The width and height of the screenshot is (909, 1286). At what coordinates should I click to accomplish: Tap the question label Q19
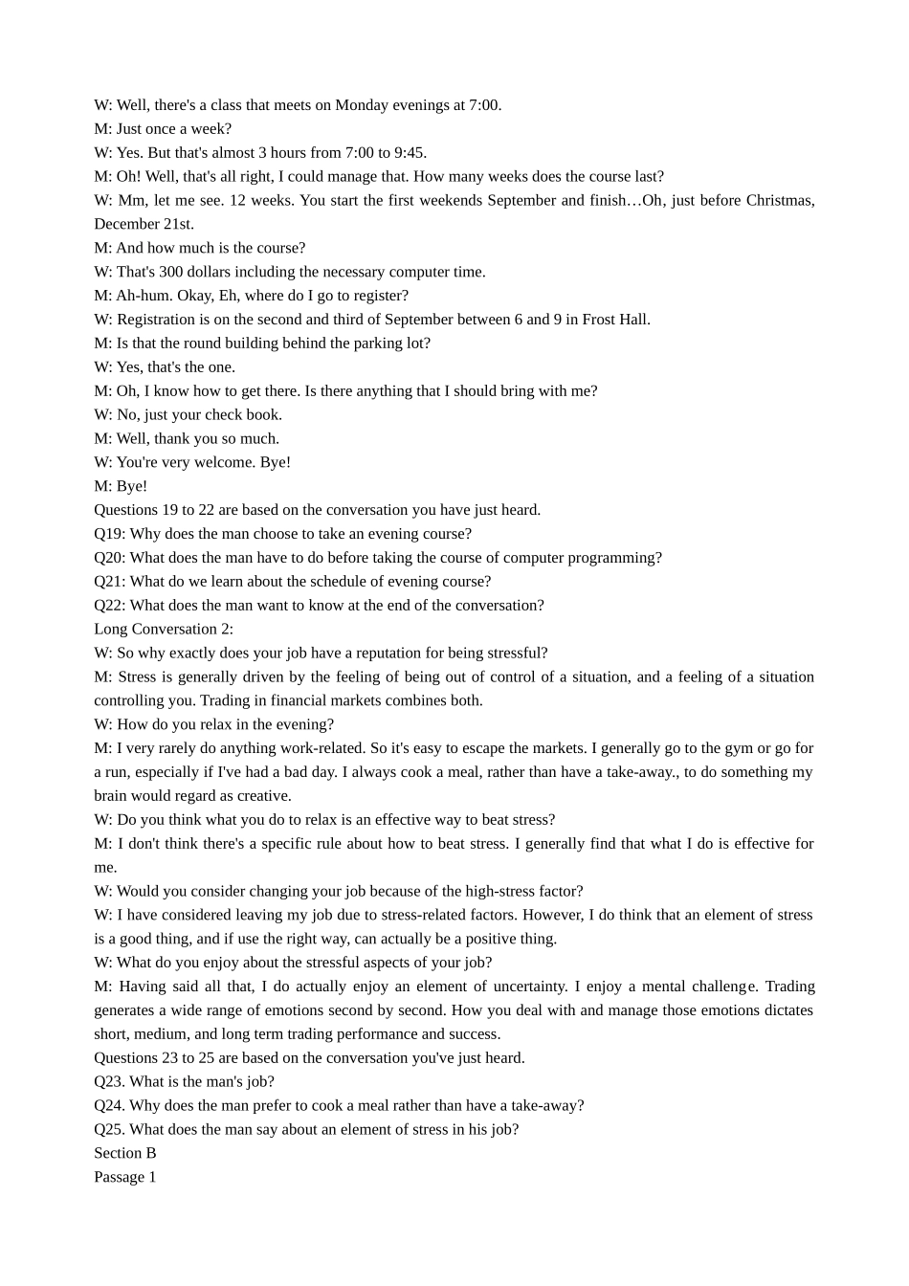(x=109, y=534)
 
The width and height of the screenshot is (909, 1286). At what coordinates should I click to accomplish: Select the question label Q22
(x=109, y=606)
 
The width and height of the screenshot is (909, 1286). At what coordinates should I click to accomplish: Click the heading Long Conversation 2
(x=164, y=630)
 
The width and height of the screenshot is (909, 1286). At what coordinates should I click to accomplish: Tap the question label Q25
(x=109, y=1130)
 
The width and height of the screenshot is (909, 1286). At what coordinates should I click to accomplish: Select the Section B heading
(x=125, y=1154)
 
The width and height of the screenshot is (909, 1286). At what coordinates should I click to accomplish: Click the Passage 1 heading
(x=125, y=1178)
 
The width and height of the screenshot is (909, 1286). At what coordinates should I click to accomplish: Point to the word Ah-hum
(x=144, y=296)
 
